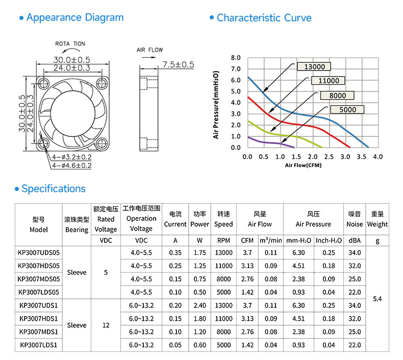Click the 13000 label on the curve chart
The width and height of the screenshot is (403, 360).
pos(314,67)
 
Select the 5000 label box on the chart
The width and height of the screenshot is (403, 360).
pos(347,110)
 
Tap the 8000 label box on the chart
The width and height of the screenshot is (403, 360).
pos(337,95)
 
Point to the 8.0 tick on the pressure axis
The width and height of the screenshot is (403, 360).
pos(236,58)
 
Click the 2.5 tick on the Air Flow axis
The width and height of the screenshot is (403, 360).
pos(329,157)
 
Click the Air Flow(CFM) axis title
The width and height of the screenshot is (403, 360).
pos(304,165)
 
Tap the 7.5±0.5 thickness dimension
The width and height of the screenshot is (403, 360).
pos(179,64)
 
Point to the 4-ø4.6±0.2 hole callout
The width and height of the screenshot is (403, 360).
pos(72,165)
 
